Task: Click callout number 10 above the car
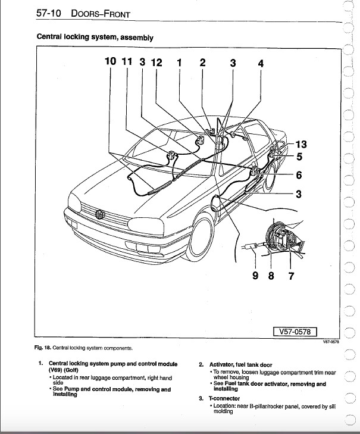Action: pos(111,62)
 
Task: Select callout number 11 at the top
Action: pos(127,62)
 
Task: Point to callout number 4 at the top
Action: pos(261,63)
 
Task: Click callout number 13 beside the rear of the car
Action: pos(300,145)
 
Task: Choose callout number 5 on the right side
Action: pos(299,157)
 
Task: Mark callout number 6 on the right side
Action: pos(299,175)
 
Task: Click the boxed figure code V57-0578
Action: pos(295,332)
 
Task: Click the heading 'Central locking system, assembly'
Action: pos(95,37)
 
